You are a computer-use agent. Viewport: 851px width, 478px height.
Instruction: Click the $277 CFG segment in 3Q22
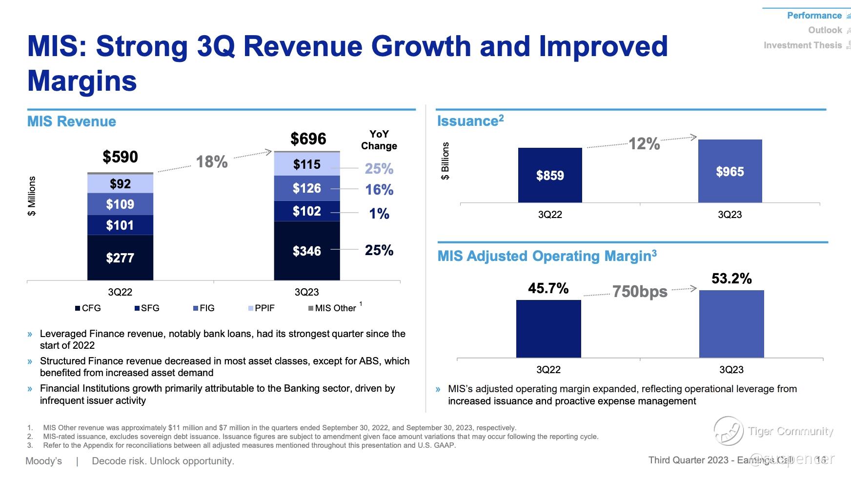[x=120, y=258]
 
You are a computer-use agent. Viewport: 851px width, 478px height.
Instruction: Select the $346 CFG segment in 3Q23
[x=306, y=251]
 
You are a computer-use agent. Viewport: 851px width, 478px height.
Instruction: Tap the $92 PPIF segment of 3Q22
[x=120, y=183]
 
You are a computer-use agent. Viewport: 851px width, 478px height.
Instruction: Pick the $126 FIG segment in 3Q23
[x=306, y=188]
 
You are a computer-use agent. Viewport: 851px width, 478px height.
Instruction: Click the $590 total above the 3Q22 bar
[x=120, y=157]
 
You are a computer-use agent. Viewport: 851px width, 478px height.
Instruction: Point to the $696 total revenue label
[x=308, y=139]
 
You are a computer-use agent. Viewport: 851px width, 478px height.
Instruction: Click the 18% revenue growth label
[x=212, y=161]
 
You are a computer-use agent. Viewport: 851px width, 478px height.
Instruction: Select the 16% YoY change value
[x=379, y=190]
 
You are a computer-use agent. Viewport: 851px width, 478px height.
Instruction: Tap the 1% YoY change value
[x=379, y=213]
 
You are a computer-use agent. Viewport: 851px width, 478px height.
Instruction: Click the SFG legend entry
[x=147, y=308]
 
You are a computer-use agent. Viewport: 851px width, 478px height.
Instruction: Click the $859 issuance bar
[x=550, y=175]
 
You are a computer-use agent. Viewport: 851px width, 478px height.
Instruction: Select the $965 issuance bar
[x=730, y=171]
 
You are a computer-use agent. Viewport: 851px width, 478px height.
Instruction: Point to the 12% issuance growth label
[x=644, y=144]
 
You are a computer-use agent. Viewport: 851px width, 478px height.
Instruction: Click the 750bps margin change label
[x=640, y=291]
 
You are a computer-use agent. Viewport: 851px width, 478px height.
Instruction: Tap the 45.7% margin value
[x=548, y=288]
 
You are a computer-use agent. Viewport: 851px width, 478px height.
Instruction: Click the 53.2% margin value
[x=731, y=279]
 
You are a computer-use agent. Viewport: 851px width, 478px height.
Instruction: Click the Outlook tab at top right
[x=825, y=30]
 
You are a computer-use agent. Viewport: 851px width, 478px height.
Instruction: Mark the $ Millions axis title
[x=32, y=196]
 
